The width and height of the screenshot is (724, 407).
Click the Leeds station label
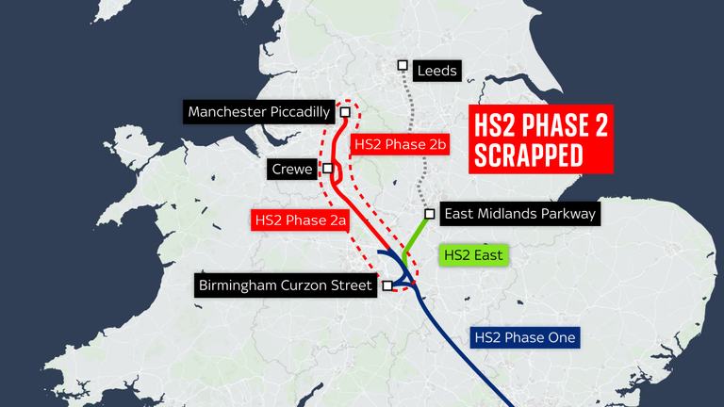coord(437,71)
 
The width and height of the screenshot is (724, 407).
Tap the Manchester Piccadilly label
coord(258,113)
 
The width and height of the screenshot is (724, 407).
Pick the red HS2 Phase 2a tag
coord(301,220)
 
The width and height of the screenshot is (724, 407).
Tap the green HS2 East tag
coord(474,254)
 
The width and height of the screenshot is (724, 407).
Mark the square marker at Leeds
coord(403,65)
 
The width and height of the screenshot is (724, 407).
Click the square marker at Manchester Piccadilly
coord(345,112)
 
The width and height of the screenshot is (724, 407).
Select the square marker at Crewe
coord(327,170)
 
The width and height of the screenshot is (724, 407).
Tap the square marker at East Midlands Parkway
coord(429,213)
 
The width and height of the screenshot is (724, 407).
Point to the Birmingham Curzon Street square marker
coord(387,285)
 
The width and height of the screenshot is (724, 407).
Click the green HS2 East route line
coord(416,236)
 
